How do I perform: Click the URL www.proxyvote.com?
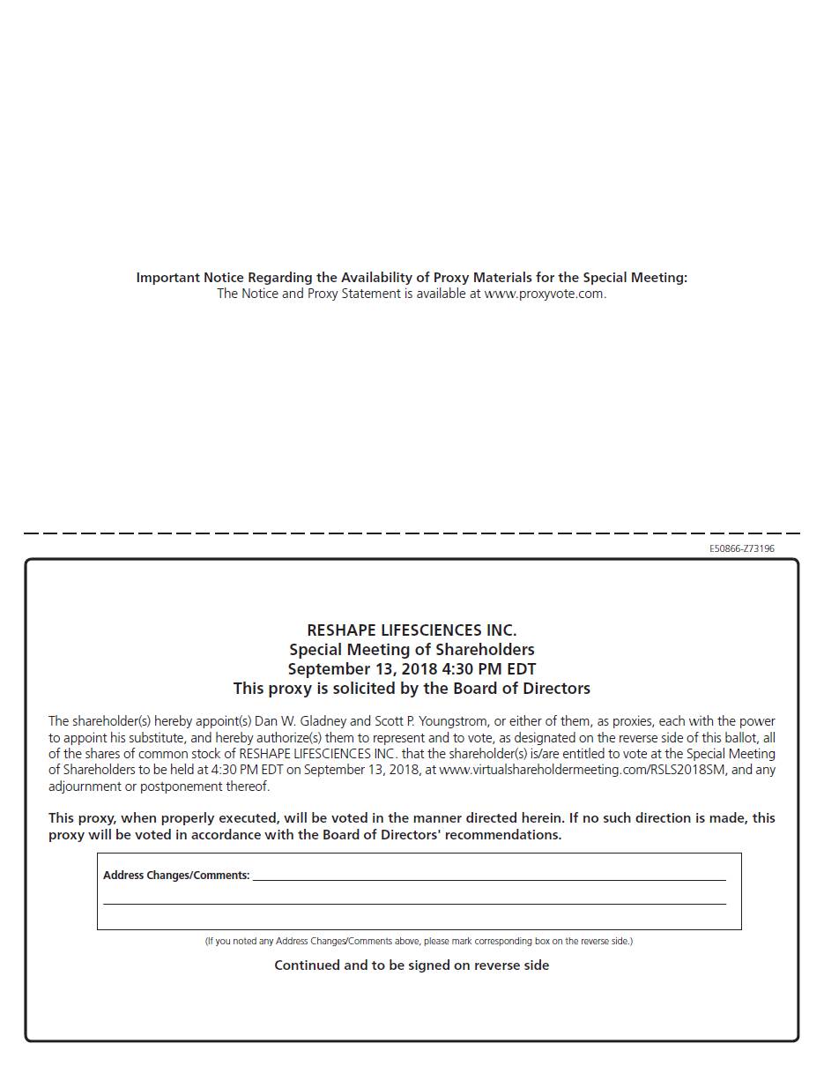point(545,294)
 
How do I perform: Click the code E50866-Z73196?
point(742,548)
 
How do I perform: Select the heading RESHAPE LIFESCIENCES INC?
point(412,630)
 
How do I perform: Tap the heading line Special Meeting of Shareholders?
point(412,650)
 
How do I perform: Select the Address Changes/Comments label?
point(176,876)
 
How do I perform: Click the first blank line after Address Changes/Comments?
point(489,878)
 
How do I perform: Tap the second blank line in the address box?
point(414,903)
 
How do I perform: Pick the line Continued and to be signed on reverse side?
point(412,965)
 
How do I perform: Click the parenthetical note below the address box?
point(419,941)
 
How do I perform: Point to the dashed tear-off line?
point(412,533)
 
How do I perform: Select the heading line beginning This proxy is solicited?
point(412,689)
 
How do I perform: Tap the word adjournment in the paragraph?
point(86,786)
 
